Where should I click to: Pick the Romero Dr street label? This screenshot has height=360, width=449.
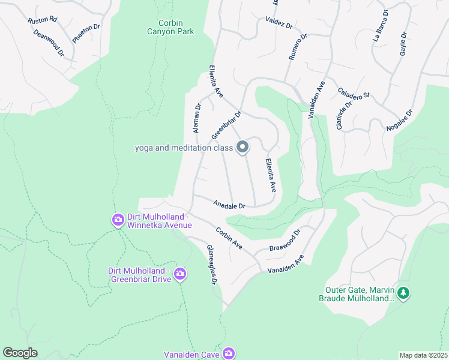[x=298, y=47]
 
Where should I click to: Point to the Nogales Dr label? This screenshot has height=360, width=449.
[x=402, y=121]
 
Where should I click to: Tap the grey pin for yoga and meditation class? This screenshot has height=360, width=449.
[x=243, y=146]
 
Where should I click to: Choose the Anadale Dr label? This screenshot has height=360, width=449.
[x=230, y=205]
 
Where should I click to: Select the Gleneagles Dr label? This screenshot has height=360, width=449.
[x=211, y=264]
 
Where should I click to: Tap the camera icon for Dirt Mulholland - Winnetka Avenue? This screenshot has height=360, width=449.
[x=117, y=220]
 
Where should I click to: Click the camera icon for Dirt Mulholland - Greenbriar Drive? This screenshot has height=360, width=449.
[x=179, y=274]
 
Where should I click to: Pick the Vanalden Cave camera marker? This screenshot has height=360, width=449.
[x=228, y=353]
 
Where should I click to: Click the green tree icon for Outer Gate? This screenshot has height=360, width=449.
[x=404, y=293]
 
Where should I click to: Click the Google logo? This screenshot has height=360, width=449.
[x=20, y=353]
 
